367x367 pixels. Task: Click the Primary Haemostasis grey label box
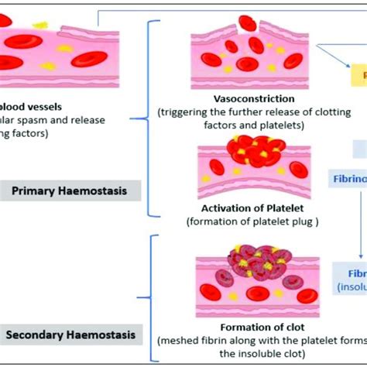click(70, 190)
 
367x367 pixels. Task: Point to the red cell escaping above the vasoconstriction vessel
click(246, 22)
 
